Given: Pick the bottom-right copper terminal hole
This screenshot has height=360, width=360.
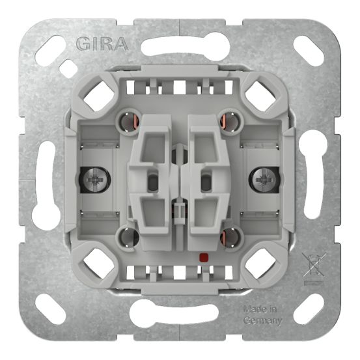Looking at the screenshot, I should [228, 236].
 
